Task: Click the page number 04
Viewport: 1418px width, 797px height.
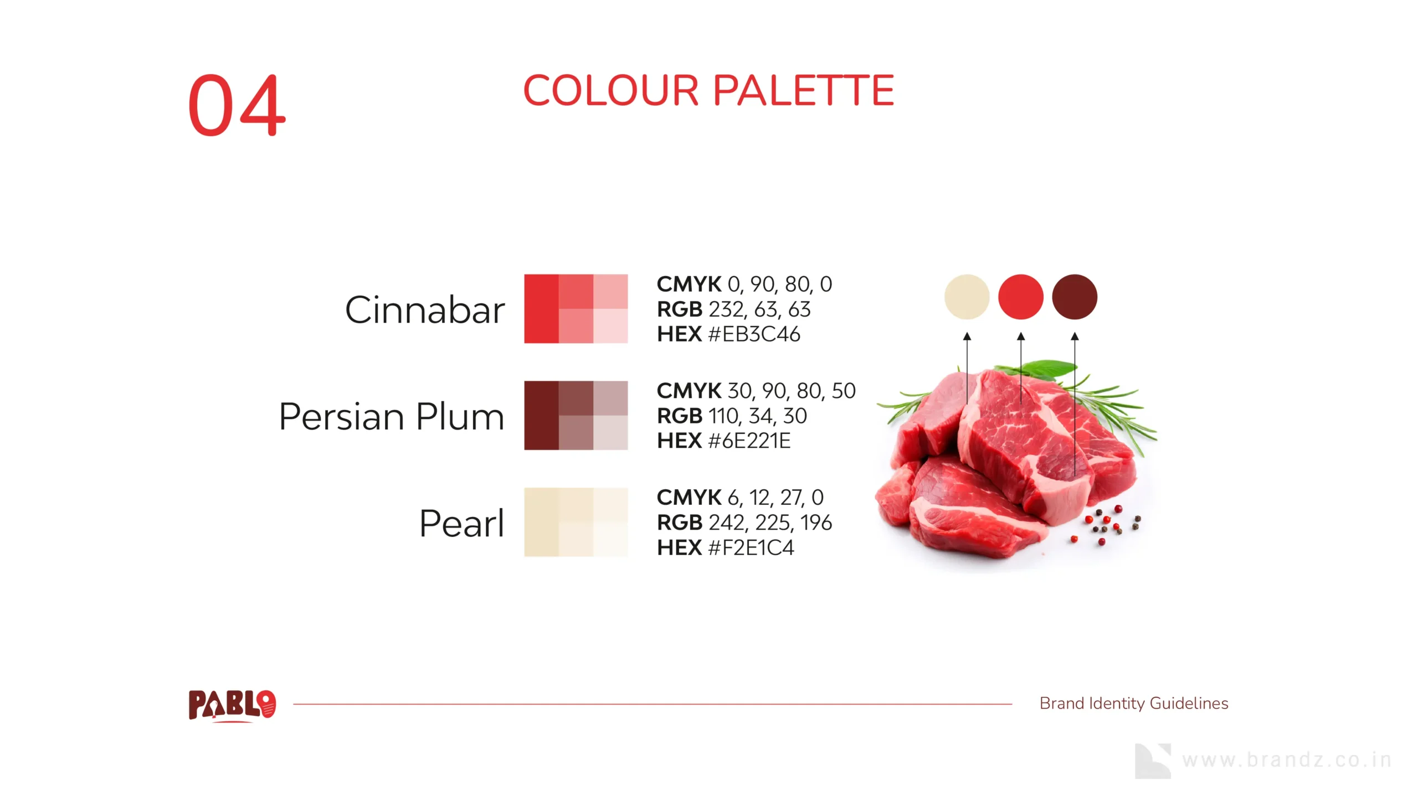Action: pyautogui.click(x=237, y=105)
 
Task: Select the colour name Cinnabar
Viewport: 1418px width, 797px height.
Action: pyautogui.click(x=425, y=309)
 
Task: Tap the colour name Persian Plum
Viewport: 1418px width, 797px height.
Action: pyautogui.click(x=392, y=416)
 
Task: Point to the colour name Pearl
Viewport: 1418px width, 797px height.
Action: pyautogui.click(x=462, y=523)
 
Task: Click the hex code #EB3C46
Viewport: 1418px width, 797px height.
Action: pyautogui.click(x=754, y=334)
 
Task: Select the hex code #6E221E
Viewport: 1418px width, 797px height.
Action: pyautogui.click(x=749, y=441)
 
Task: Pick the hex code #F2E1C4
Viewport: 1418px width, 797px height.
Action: pyautogui.click(x=751, y=548)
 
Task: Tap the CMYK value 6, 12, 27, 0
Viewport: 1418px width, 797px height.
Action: pyautogui.click(x=775, y=498)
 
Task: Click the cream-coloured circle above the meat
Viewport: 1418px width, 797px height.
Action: pyautogui.click(x=967, y=297)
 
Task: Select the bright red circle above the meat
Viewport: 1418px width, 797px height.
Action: pyautogui.click(x=1021, y=297)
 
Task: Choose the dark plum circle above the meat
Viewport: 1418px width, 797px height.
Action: pyautogui.click(x=1075, y=297)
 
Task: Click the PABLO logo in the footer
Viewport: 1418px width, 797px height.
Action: pyautogui.click(x=232, y=706)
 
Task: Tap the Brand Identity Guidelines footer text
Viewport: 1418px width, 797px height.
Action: pyautogui.click(x=1134, y=703)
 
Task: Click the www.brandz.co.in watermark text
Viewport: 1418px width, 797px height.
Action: pyautogui.click(x=1287, y=760)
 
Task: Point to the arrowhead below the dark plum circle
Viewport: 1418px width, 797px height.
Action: pyautogui.click(x=1075, y=336)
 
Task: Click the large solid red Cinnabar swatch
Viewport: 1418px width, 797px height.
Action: pyautogui.click(x=541, y=309)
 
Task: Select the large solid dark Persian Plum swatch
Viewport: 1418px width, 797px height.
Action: pyautogui.click(x=541, y=416)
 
